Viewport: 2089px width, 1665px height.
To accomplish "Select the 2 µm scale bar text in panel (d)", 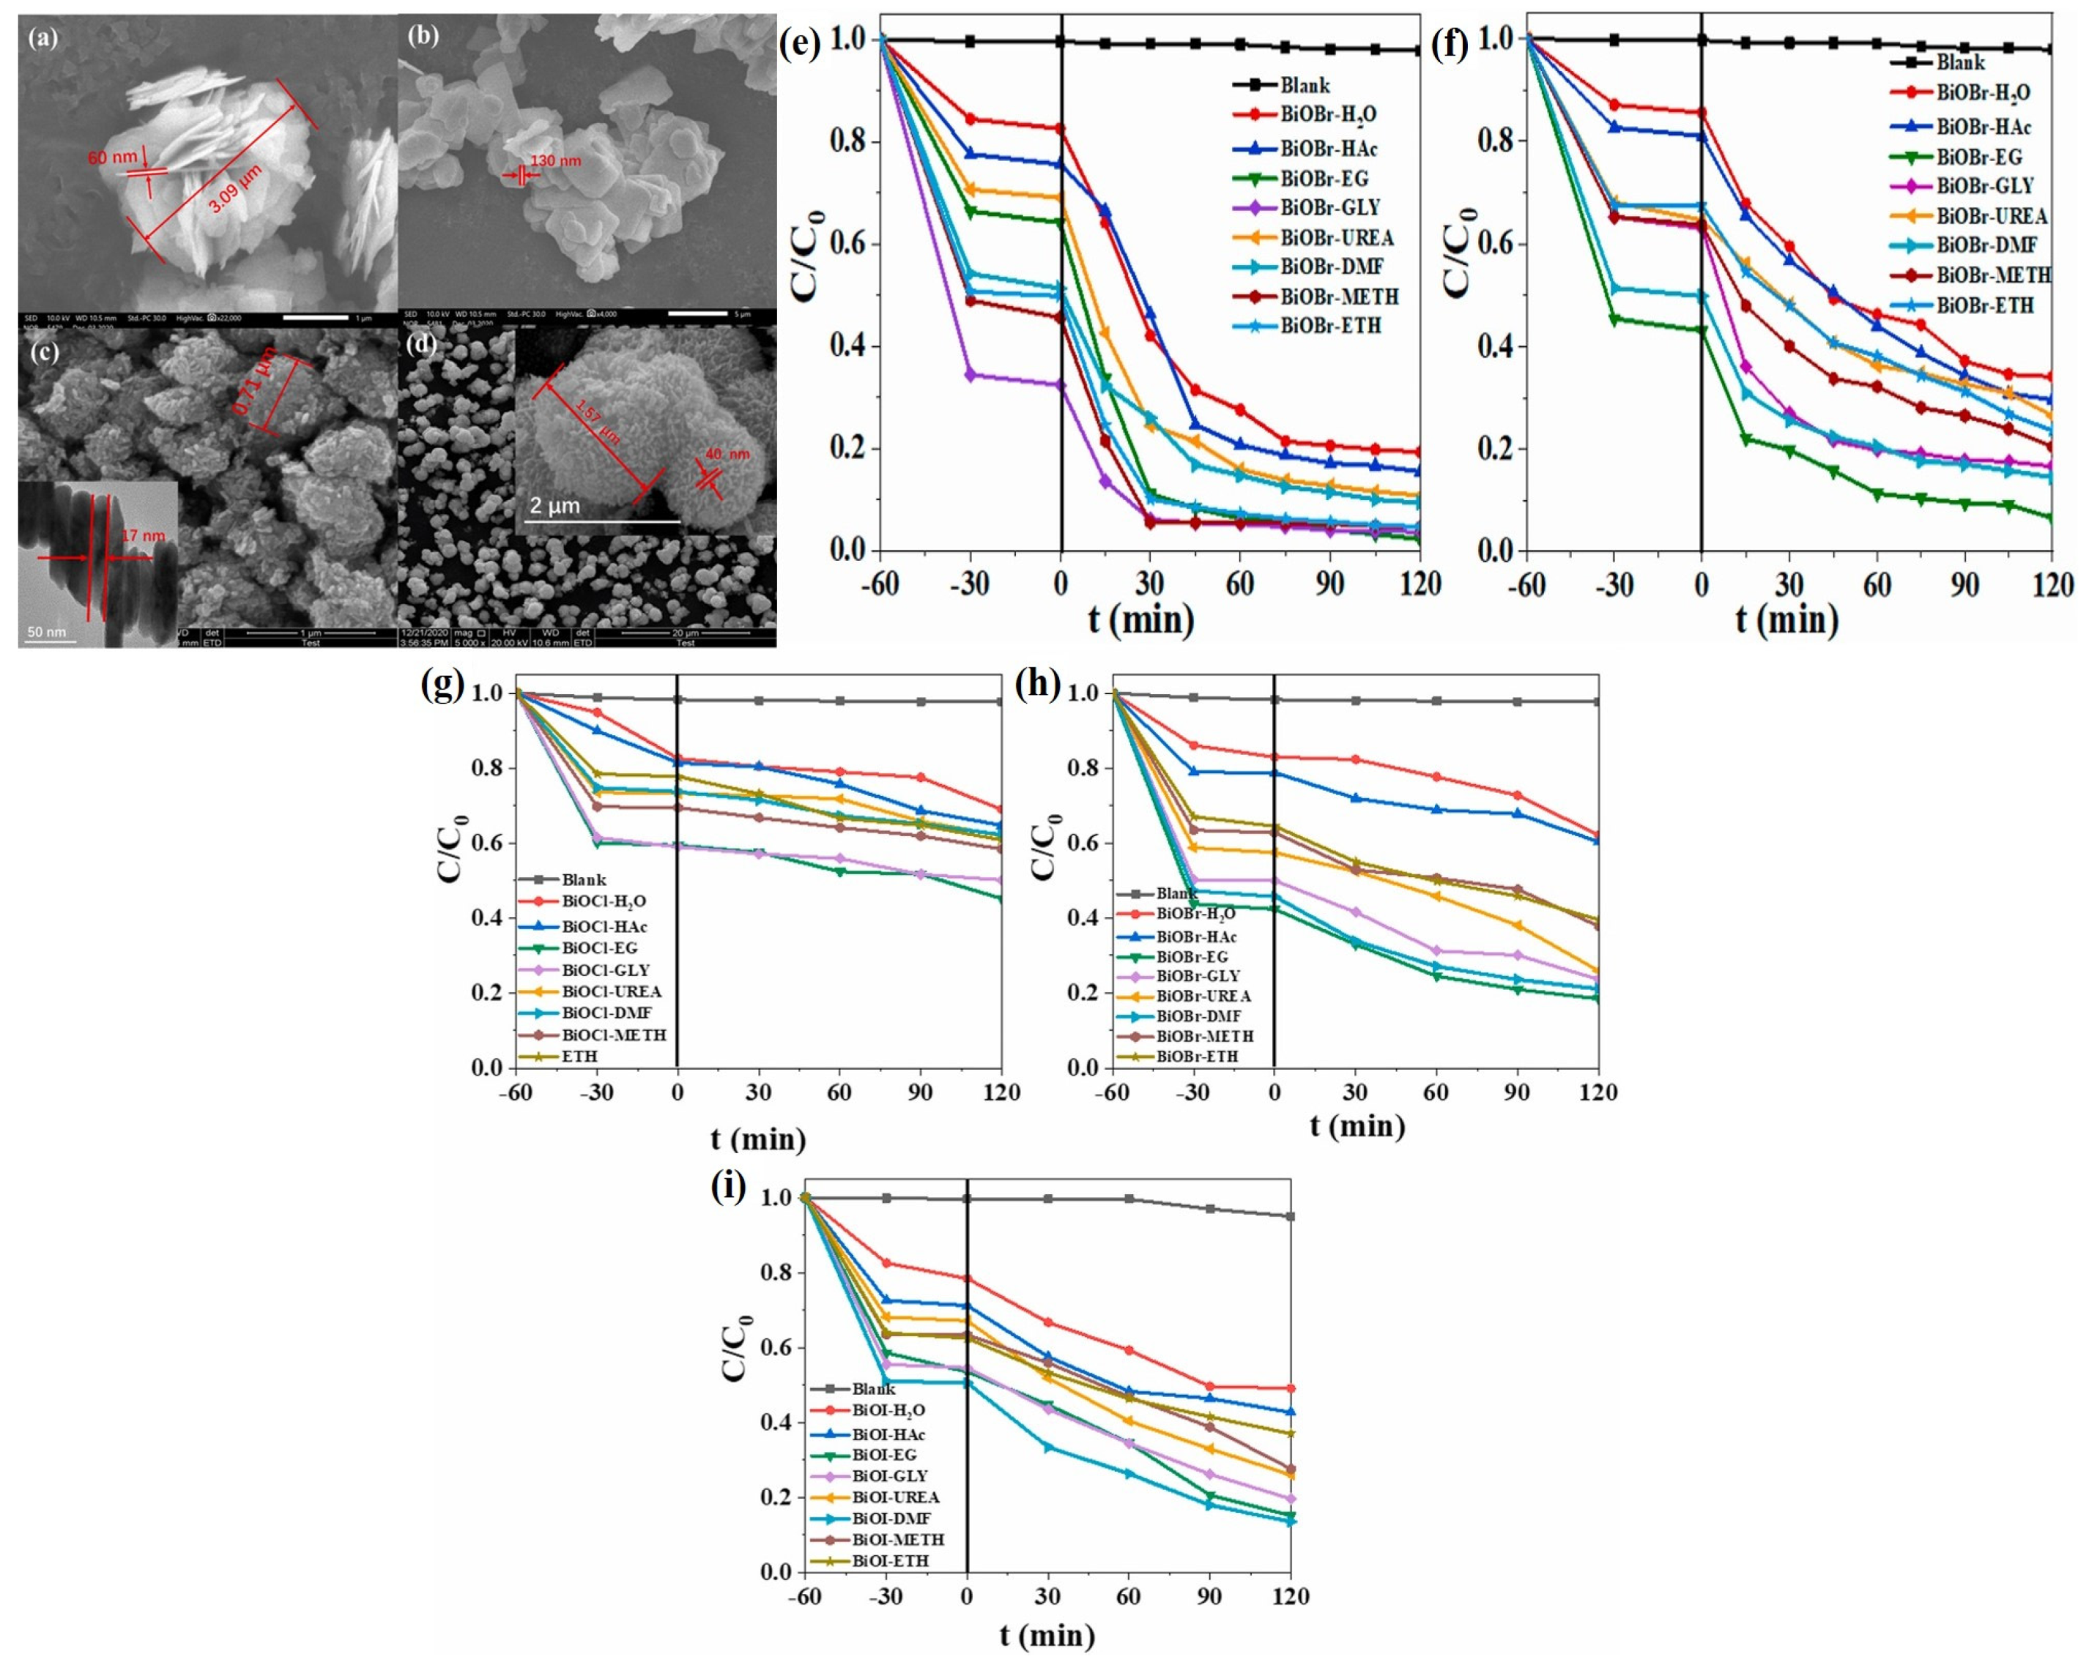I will coord(554,506).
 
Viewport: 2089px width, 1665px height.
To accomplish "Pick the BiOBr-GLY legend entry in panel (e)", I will coord(1329,207).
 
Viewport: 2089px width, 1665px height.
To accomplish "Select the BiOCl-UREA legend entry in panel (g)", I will coord(610,992).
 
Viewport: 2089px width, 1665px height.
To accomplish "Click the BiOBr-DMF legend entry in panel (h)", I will coord(1198,1016).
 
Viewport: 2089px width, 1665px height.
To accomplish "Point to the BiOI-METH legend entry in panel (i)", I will coord(897,1539).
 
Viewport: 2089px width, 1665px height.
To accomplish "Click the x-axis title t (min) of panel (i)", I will coord(1047,1636).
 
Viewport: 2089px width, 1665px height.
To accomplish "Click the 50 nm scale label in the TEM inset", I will coord(46,633).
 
